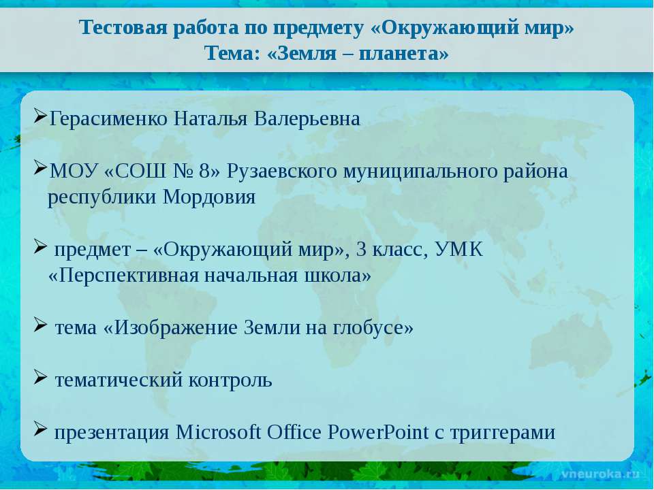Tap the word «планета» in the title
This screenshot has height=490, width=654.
[x=403, y=53]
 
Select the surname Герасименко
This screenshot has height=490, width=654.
[x=108, y=118]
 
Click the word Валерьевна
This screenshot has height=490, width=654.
[x=307, y=118]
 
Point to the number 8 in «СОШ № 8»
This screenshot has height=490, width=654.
[x=204, y=171]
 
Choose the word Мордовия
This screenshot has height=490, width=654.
[x=209, y=197]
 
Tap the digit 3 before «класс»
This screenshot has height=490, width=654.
[x=361, y=250]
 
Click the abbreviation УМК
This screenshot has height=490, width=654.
[x=458, y=250]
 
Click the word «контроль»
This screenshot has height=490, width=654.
[x=230, y=380]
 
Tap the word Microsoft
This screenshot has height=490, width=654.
[x=218, y=432]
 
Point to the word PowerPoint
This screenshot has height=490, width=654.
[x=378, y=432]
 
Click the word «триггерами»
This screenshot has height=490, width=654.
[x=503, y=433]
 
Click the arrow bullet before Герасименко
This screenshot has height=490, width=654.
[x=40, y=116]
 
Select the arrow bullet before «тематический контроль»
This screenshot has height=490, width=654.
[x=40, y=377]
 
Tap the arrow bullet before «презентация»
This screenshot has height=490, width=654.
[x=40, y=429]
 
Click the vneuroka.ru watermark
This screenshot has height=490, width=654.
[x=599, y=474]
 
